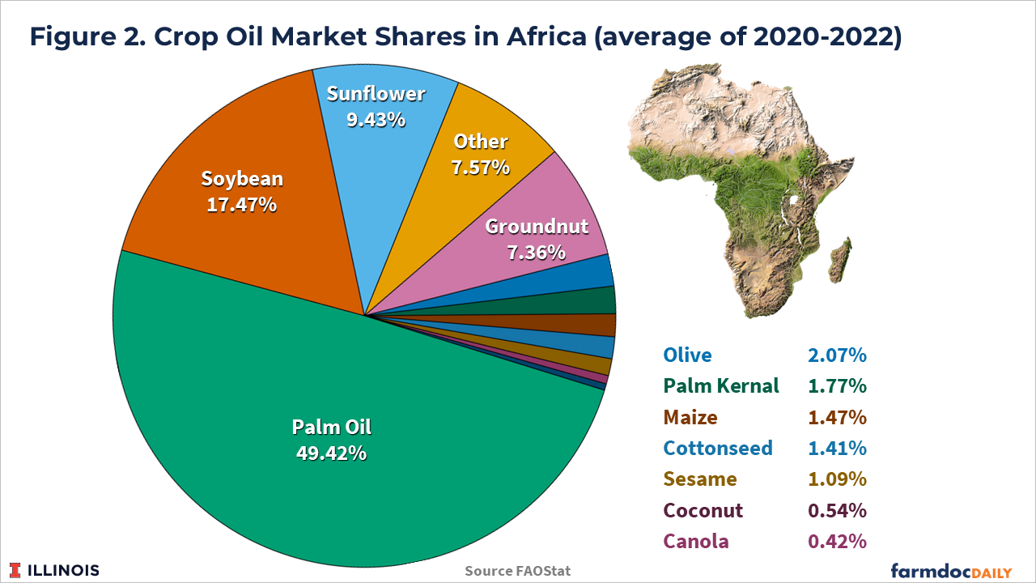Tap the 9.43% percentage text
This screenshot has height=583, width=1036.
(x=376, y=120)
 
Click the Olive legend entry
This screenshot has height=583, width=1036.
(x=687, y=355)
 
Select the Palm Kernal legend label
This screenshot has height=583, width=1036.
(x=721, y=385)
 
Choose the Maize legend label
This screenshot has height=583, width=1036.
(x=690, y=417)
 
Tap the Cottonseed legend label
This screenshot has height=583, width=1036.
(x=718, y=448)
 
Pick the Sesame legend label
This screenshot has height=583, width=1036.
(x=700, y=479)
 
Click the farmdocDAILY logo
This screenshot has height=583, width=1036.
(x=951, y=569)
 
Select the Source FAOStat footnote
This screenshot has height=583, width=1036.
(x=518, y=571)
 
